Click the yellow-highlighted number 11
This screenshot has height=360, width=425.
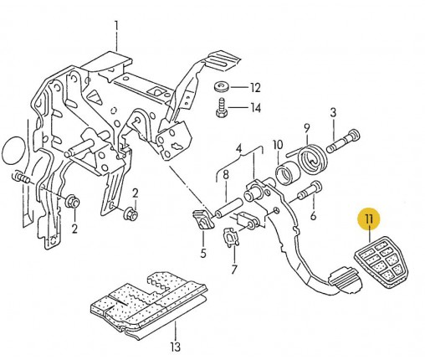tap(369, 219)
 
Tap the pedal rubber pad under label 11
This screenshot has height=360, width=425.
tap(381, 262)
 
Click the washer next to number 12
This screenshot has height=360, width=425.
tap(222, 86)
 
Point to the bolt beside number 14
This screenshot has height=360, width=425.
tap(222, 108)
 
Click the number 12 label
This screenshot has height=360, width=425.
tap(254, 88)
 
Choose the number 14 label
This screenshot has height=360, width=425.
tap(255, 108)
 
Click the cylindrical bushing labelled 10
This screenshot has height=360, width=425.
tap(288, 174)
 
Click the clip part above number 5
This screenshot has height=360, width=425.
tap(202, 219)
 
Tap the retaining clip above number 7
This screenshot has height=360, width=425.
tap(231, 238)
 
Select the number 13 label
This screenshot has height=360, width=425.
tap(175, 347)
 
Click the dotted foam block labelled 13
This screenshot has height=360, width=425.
tap(149, 304)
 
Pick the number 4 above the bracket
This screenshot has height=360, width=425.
tap(238, 149)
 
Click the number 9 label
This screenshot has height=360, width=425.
tap(307, 128)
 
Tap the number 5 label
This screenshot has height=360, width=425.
tap(202, 253)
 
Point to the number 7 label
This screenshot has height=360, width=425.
tap(234, 270)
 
